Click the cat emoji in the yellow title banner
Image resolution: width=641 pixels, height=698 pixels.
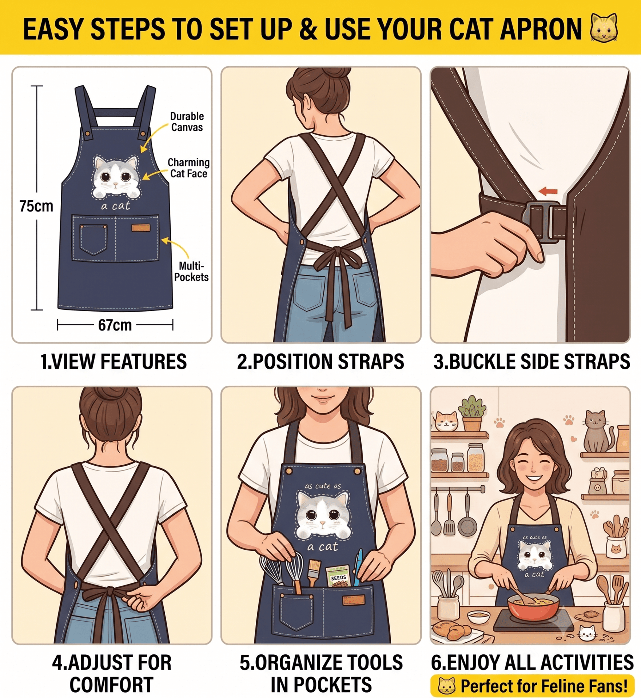604,28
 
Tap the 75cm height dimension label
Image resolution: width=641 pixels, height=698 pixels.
36,206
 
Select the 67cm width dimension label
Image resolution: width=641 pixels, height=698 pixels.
115,325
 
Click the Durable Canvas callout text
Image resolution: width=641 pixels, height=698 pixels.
187,122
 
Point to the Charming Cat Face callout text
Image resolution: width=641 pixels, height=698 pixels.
188,168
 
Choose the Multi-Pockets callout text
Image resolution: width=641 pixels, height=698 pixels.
191,271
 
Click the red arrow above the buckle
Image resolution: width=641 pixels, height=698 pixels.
548,191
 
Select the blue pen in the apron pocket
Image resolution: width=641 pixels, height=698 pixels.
359,567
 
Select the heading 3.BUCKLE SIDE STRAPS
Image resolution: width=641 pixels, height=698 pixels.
531,362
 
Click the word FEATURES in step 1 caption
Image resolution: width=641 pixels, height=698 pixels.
143,362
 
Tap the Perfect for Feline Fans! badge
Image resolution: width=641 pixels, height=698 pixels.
532,686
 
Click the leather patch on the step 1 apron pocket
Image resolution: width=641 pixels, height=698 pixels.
141,228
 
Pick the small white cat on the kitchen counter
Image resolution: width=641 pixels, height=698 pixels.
587,634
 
